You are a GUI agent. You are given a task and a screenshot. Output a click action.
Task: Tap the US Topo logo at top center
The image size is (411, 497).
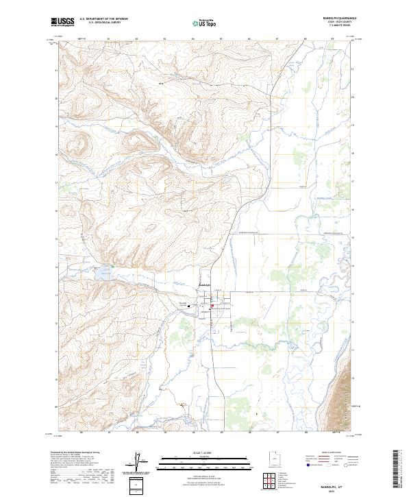[x=205, y=23]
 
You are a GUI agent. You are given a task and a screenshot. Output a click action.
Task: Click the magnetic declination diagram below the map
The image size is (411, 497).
[x=138, y=462]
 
